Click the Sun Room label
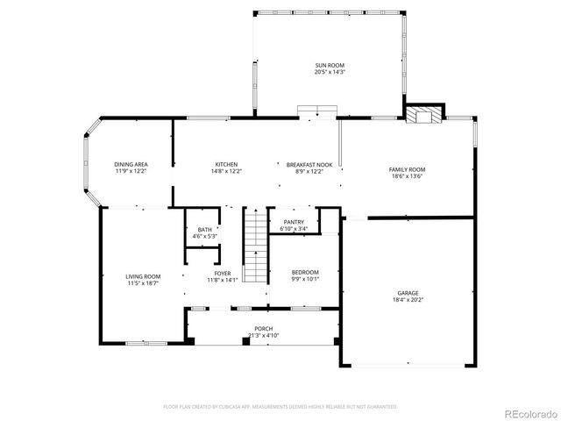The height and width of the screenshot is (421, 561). [x=330, y=66]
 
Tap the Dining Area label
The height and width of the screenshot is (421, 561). [x=131, y=165]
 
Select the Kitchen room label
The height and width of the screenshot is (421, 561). [x=226, y=165]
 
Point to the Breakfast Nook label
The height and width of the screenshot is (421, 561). [x=305, y=165]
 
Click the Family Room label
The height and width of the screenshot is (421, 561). [x=407, y=169]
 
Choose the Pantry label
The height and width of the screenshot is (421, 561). [x=293, y=223]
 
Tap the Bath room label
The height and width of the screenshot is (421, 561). [x=204, y=230]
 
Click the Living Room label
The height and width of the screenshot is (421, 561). [x=143, y=276]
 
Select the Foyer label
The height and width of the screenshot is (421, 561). [x=222, y=274]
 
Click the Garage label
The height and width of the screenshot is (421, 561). [x=408, y=294]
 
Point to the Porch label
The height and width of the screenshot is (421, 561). [x=263, y=329]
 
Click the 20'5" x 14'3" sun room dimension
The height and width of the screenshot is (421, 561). [x=330, y=73]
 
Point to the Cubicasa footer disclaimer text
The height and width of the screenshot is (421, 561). [x=280, y=407]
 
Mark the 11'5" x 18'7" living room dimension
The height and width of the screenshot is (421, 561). [x=143, y=283]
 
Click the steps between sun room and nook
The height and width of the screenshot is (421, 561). [x=316, y=111]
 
